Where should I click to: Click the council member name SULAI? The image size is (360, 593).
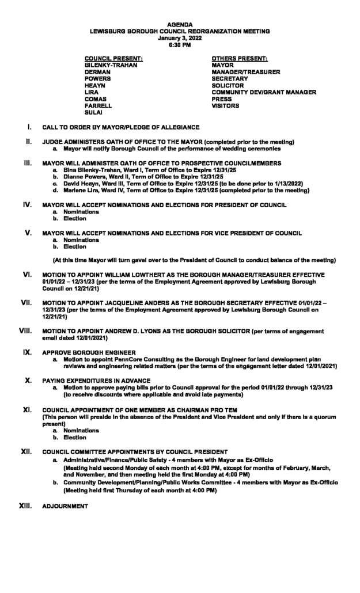pyautogui.click(x=93, y=113)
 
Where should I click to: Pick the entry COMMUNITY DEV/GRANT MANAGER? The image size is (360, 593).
pyautogui.click(x=264, y=92)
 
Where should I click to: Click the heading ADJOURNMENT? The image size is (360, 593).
pyautogui.click(x=66, y=506)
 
